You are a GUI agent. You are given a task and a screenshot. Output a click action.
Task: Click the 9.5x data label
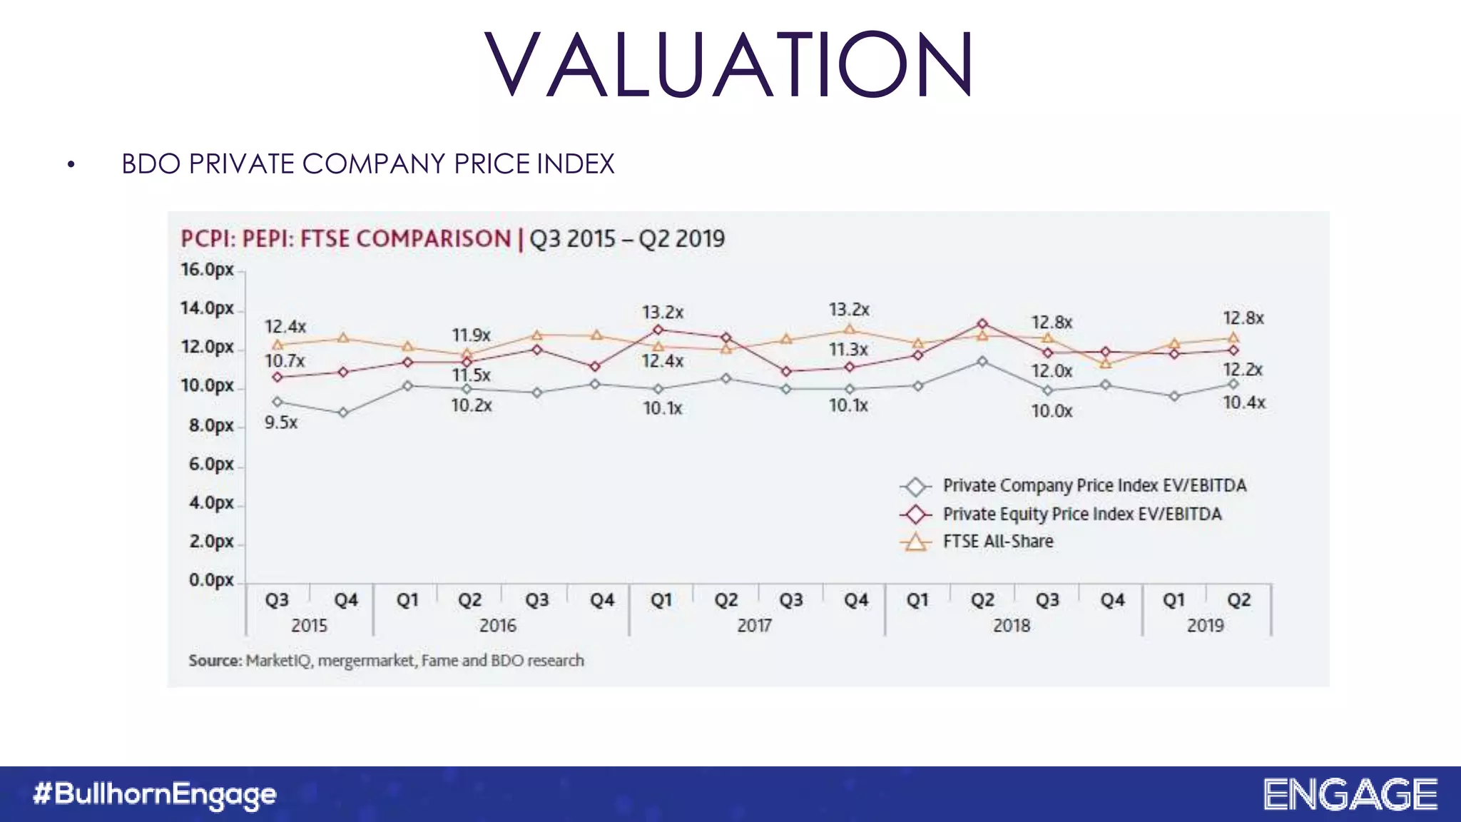[x=281, y=422]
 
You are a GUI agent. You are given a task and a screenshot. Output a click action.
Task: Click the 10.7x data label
[x=285, y=361]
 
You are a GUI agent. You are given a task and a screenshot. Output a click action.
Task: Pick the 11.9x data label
[x=471, y=335]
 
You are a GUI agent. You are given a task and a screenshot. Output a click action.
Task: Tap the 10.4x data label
[x=1244, y=403]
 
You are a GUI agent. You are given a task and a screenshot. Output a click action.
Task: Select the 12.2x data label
[x=1243, y=370]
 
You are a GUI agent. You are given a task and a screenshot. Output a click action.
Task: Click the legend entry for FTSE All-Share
[x=997, y=542]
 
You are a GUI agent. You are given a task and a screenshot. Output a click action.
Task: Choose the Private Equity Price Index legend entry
[x=1081, y=514]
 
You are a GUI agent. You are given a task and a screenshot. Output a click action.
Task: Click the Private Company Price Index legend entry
[x=1094, y=486]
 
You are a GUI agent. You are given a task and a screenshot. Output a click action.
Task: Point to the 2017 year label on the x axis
[x=754, y=626]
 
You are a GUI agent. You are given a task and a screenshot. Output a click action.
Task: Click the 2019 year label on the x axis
[x=1205, y=626]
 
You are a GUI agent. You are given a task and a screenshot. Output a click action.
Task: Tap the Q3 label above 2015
[x=277, y=600]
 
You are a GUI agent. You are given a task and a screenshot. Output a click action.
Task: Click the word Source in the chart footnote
[x=215, y=661]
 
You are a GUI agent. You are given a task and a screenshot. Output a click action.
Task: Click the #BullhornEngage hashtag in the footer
[x=155, y=794]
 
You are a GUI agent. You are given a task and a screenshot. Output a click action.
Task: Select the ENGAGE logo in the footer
[x=1350, y=794]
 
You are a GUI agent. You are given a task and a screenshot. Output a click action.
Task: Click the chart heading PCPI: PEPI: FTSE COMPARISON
[x=346, y=238]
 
